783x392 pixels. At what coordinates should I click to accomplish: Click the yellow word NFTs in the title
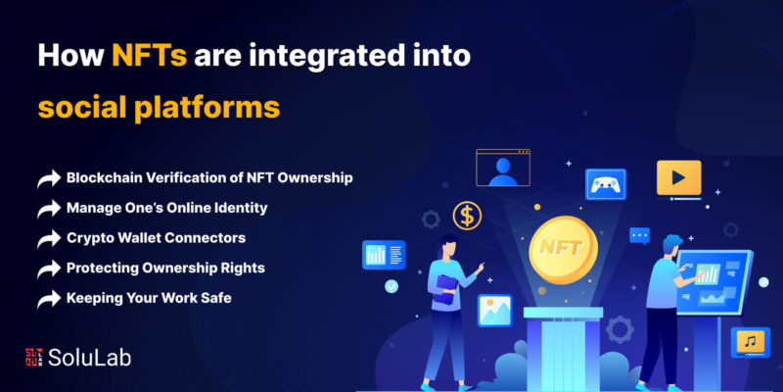(150, 56)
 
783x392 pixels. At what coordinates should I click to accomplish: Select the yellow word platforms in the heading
(209, 108)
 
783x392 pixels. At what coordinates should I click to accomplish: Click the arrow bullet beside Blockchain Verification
(48, 179)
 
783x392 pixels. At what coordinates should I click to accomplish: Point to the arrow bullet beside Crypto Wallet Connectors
(48, 239)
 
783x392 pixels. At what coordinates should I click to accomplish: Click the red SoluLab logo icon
(34, 357)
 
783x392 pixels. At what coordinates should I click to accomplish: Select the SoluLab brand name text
(90, 358)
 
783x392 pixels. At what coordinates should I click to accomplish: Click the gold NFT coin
(563, 250)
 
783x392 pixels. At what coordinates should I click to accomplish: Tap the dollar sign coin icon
(467, 216)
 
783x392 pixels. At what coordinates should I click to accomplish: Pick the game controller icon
(606, 184)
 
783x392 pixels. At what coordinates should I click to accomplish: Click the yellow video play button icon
(678, 178)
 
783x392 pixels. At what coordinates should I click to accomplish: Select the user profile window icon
(503, 168)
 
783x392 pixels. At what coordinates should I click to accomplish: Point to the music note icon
(750, 342)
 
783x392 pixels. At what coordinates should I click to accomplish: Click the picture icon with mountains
(495, 311)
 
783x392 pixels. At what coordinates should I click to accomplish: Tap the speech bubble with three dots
(640, 235)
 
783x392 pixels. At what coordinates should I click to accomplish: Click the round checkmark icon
(391, 286)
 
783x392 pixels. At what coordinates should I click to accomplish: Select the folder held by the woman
(445, 289)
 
